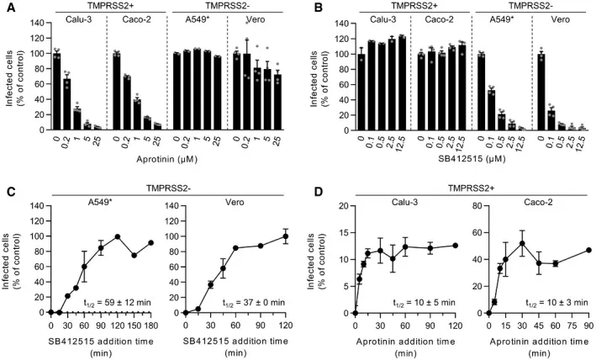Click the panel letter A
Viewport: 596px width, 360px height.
pos(7,8)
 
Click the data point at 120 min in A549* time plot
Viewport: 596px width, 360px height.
pos(119,236)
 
